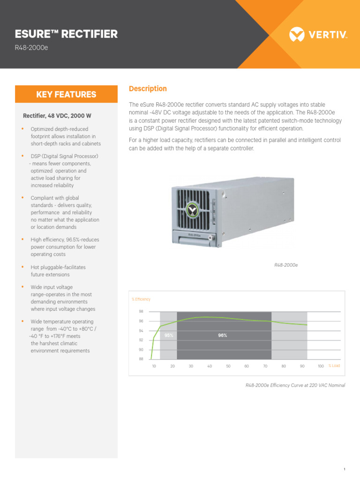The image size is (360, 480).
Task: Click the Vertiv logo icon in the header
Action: point(297,34)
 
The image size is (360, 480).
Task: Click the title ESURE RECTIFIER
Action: point(67,34)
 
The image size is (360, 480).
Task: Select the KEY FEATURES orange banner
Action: point(66,94)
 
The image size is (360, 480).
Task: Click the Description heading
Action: point(148,89)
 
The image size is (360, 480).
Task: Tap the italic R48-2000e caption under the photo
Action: point(286,265)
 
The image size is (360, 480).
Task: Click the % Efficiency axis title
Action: point(142,299)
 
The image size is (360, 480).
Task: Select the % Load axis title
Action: point(334,366)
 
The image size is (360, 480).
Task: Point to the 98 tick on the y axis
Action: point(141,312)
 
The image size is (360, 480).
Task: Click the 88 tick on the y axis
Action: point(141,359)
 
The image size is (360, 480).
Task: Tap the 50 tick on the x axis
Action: point(228,366)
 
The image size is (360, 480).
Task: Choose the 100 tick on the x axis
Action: point(321,366)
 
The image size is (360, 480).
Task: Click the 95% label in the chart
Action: point(169,336)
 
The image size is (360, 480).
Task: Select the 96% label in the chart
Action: point(223,336)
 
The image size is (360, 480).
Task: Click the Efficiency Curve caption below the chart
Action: point(295,385)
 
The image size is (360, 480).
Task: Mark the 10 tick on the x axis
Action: point(154,366)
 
